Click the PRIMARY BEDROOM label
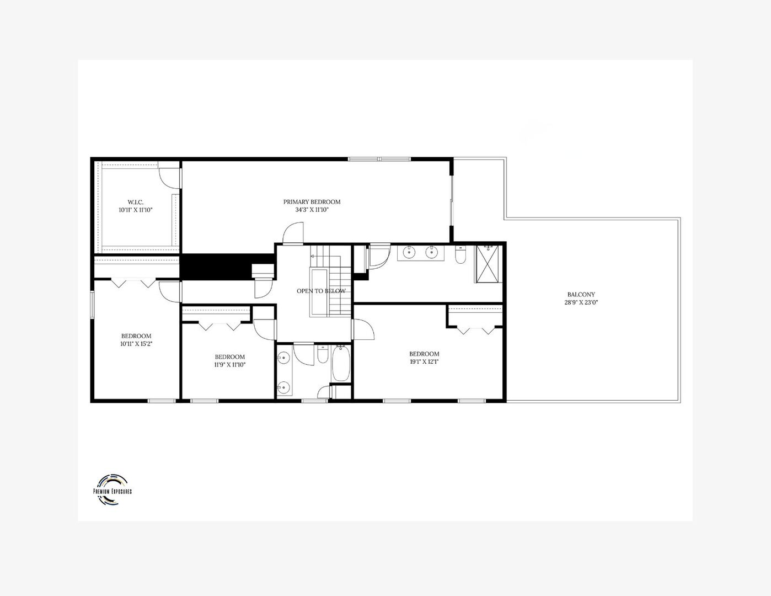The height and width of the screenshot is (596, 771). [x=312, y=202]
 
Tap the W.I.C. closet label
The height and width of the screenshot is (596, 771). [x=135, y=203]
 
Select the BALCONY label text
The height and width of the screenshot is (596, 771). [x=581, y=295]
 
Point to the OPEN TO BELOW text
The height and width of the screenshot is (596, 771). [x=321, y=291]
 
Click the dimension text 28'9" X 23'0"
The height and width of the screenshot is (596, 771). [x=581, y=302]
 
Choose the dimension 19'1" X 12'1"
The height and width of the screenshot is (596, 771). [x=424, y=362]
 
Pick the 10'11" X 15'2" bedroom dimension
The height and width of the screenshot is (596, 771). [x=136, y=344]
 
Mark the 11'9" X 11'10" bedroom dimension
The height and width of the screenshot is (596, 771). [x=229, y=365]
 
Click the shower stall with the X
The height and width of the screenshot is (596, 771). [x=488, y=264]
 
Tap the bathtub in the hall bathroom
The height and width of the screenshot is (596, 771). [x=340, y=364]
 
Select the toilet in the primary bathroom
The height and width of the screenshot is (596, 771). [x=461, y=255]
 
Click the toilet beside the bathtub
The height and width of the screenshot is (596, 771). [x=323, y=354]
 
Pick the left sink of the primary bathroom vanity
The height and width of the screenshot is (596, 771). [x=409, y=253]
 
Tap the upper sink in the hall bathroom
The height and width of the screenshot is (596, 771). [x=283, y=358]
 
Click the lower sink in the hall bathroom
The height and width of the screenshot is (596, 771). [x=283, y=387]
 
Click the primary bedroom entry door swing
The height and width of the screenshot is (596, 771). [x=293, y=232]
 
